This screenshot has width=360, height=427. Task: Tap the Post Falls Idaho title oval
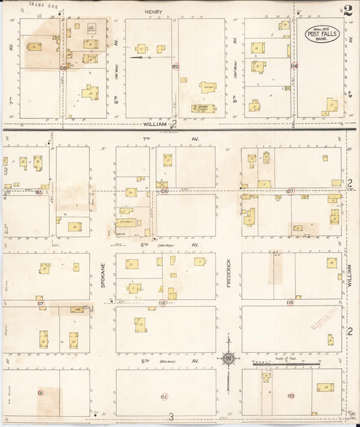pyautogui.click(x=322, y=33)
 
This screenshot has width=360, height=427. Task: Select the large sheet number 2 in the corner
pyautogui.click(x=348, y=10)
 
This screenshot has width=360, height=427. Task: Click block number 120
pyautogui.click(x=174, y=67)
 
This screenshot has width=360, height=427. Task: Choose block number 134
pyautogui.click(x=294, y=66)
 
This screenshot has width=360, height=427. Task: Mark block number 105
pyautogui.click(x=38, y=193)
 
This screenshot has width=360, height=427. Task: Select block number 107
pyautogui.click(x=290, y=192)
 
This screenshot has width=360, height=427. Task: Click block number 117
pyautogui.click(x=41, y=304)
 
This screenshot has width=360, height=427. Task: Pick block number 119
pyautogui.click(x=290, y=303)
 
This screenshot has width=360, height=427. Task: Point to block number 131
pyautogui.click(x=41, y=393)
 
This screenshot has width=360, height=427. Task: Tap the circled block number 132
pyautogui.click(x=164, y=396)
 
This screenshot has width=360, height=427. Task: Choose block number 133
pyautogui.click(x=290, y=395)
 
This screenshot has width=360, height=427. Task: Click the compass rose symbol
pyautogui.click(x=230, y=358)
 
